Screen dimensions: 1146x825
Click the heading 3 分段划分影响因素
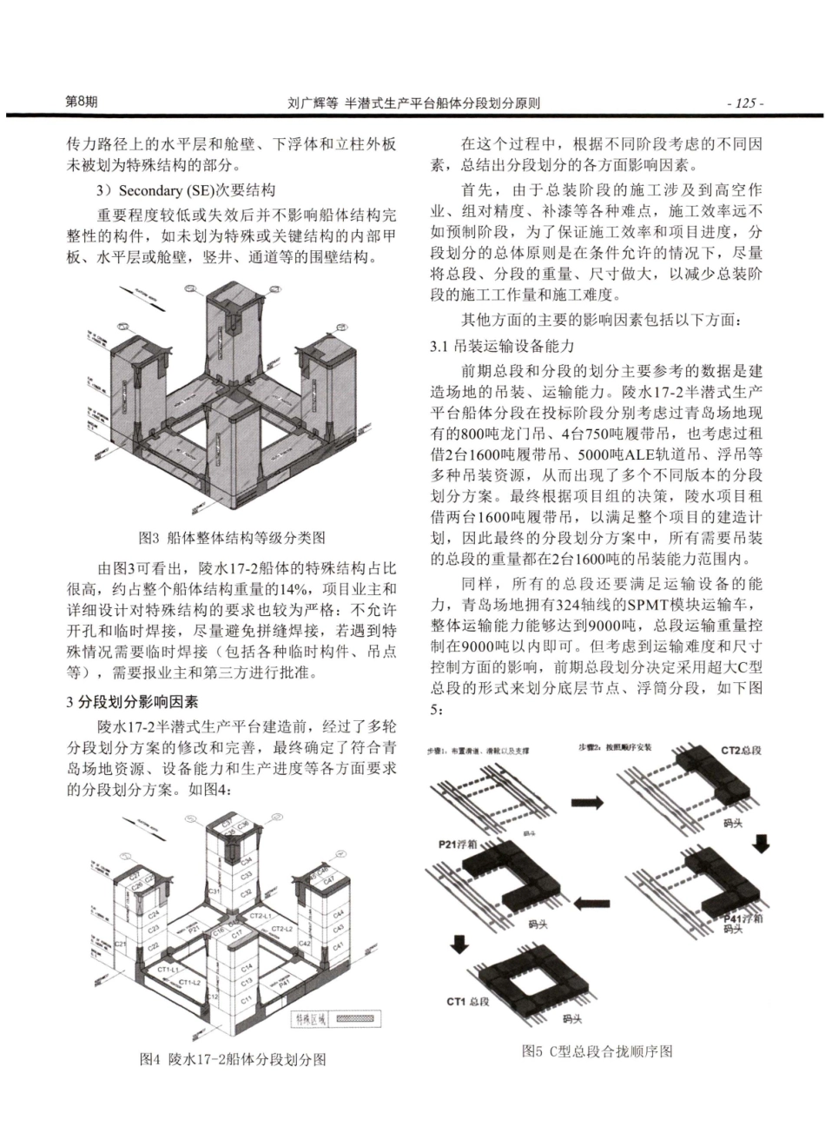132,701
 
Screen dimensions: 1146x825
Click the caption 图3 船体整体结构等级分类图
232,538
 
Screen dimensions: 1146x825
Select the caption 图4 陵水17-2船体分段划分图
232,1059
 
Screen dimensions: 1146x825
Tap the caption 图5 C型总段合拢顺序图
597,1050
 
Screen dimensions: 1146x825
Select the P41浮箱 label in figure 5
743,918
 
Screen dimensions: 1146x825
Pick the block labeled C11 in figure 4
247,999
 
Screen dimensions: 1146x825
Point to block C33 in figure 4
247,875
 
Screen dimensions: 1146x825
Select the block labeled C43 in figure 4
339,929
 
